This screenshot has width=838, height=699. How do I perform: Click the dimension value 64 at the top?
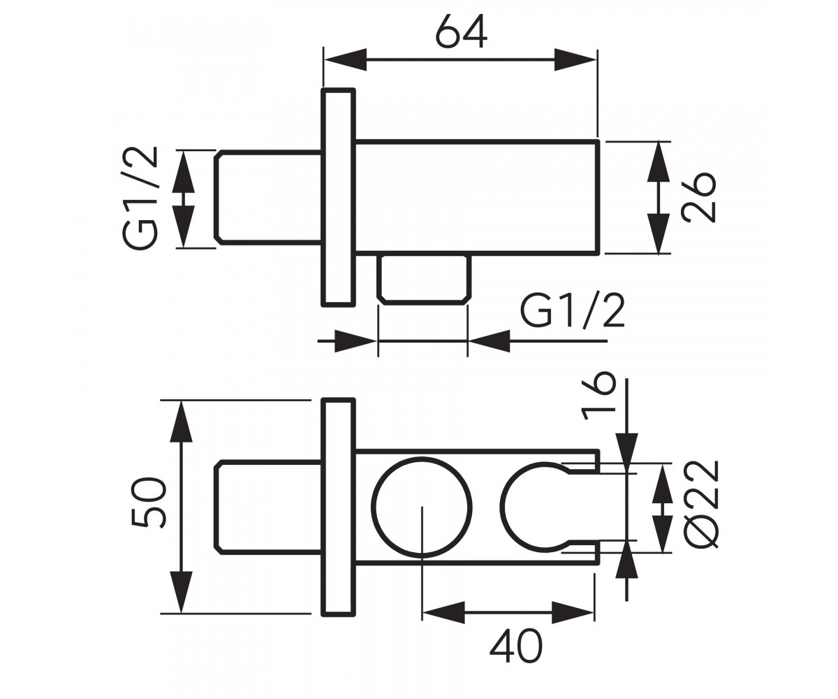point(462,33)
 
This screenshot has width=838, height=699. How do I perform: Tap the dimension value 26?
point(698,197)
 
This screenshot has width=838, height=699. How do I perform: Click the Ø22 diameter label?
point(700,504)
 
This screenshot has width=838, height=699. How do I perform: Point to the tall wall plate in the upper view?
point(338,197)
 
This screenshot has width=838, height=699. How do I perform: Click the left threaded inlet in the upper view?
point(268,198)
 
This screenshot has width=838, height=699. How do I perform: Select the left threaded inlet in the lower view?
point(268,508)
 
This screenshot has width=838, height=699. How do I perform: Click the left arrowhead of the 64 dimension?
point(345,60)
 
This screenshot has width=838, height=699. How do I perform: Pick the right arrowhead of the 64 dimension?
point(575,60)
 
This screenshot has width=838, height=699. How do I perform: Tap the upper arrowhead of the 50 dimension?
point(182,421)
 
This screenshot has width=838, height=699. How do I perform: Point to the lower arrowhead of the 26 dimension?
point(659,233)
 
